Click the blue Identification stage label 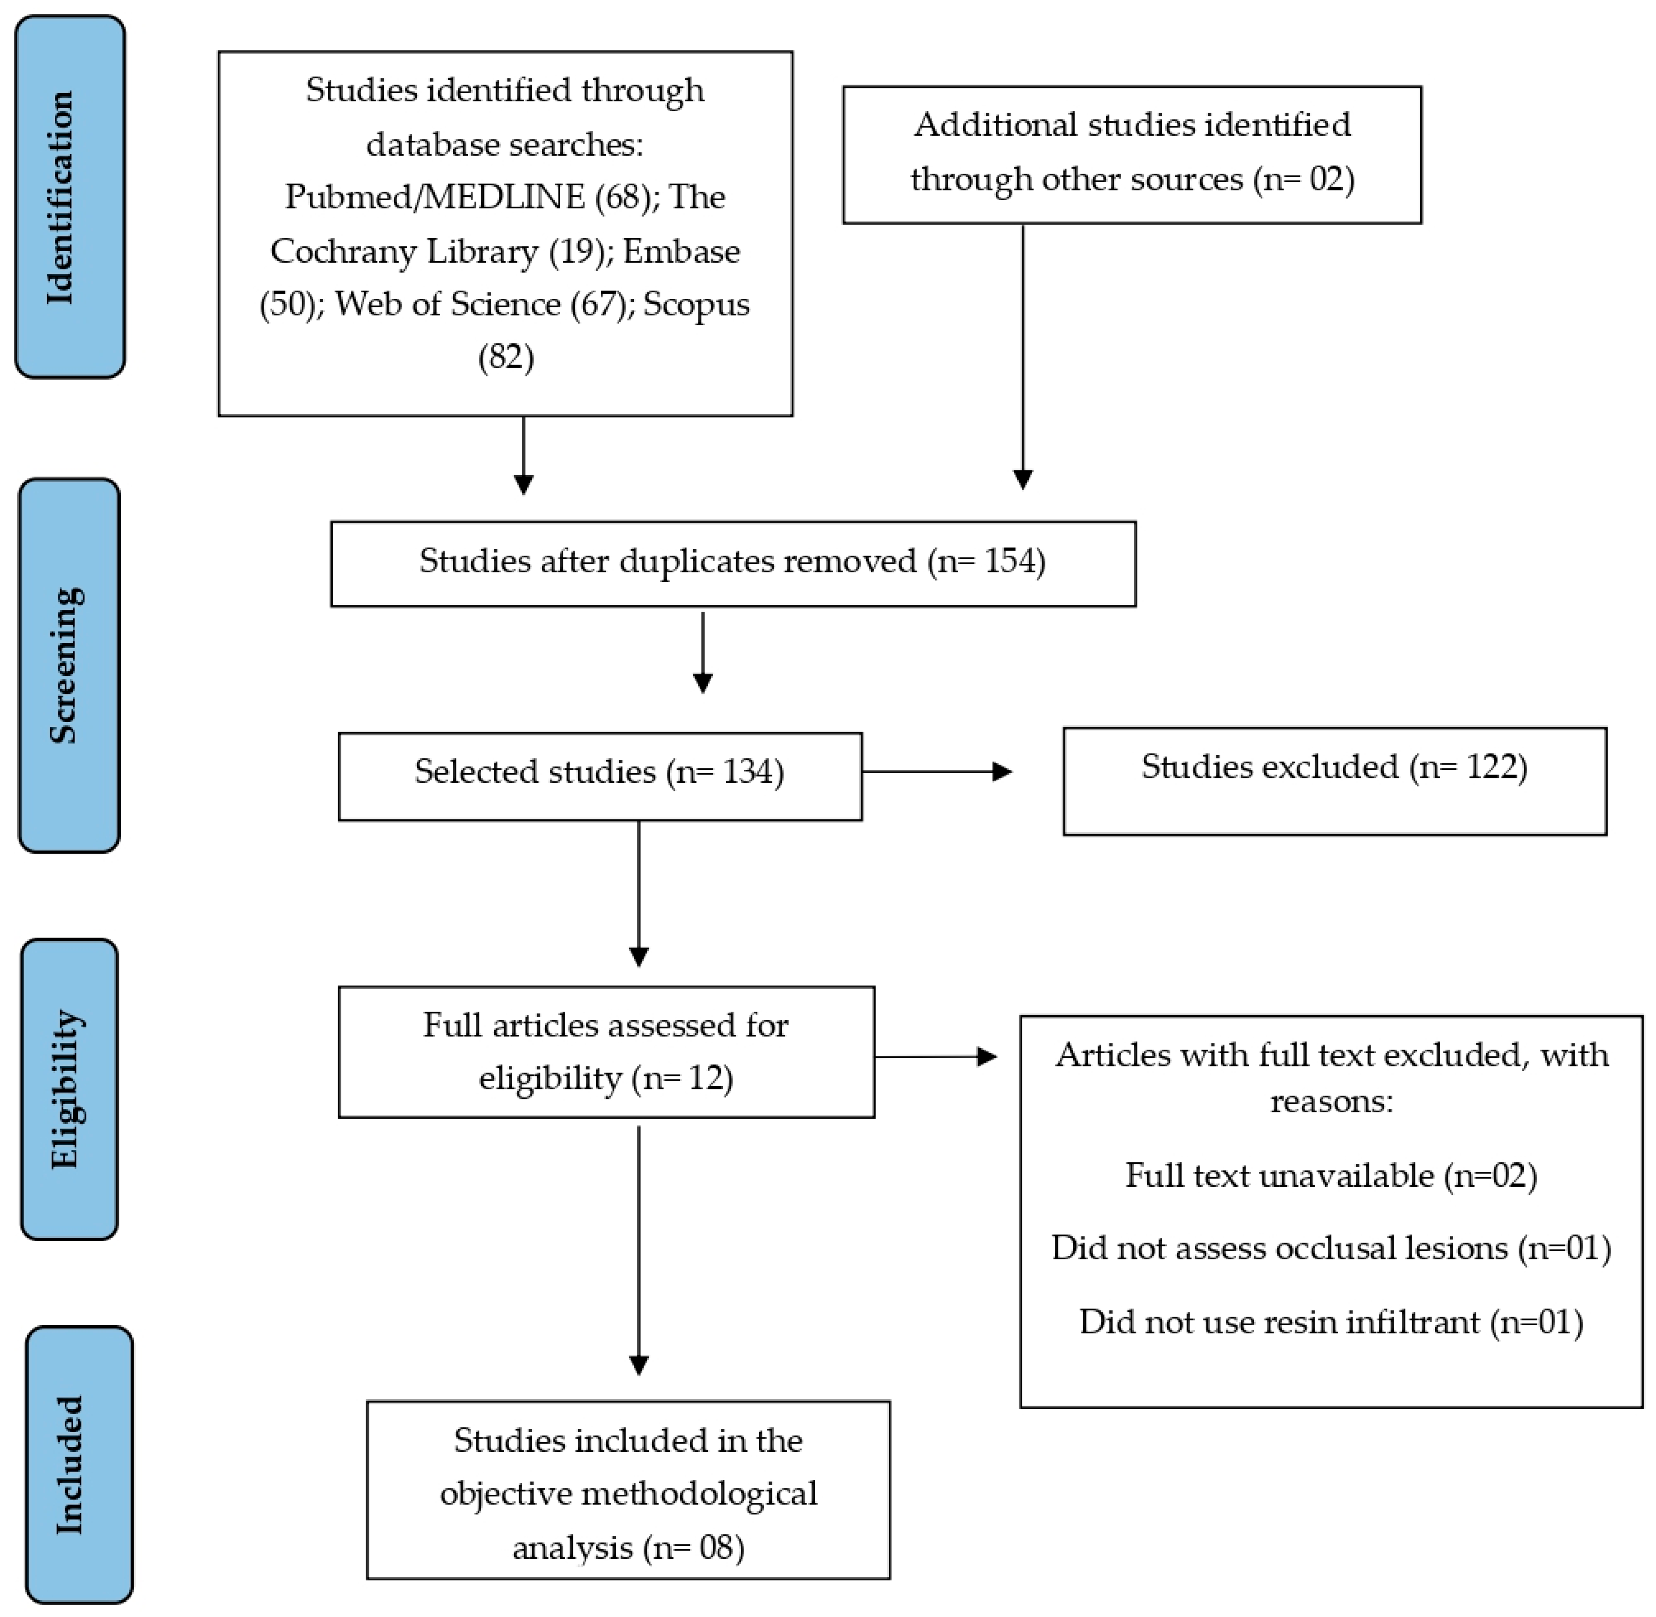pyautogui.click(x=71, y=197)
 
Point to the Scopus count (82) pyautogui.click(x=506, y=358)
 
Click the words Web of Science pyautogui.click(x=447, y=304)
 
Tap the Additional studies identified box pyautogui.click(x=1132, y=155)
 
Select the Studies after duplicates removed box pyautogui.click(x=733, y=564)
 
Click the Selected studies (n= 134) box pyautogui.click(x=600, y=776)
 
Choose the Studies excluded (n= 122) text pyautogui.click(x=1334, y=767)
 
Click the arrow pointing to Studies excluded pyautogui.click(x=938, y=771)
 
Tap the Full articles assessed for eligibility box pyautogui.click(x=606, y=1052)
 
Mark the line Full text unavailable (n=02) pyautogui.click(x=1331, y=1175)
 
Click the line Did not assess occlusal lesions pyautogui.click(x=1331, y=1247)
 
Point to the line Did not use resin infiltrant pyautogui.click(x=1331, y=1321)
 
